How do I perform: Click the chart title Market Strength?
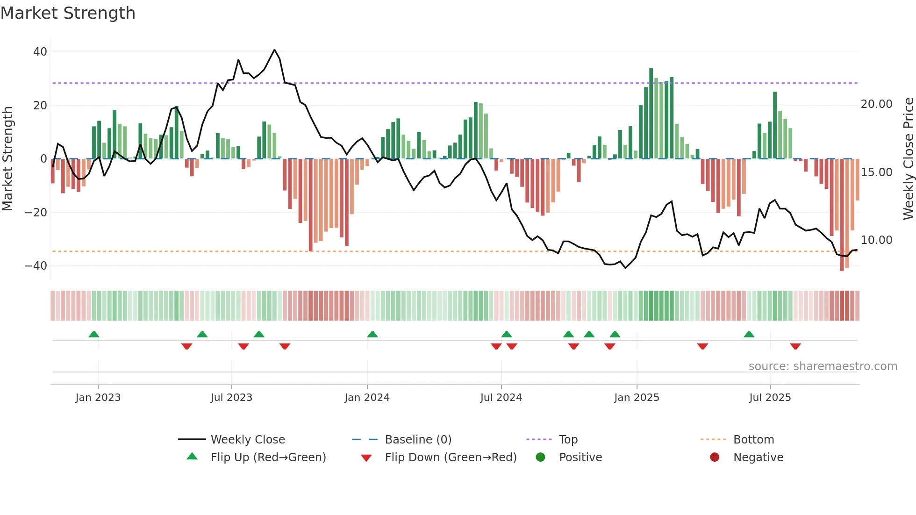(68, 13)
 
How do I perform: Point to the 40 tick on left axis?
(40, 52)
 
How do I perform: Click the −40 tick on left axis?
(36, 266)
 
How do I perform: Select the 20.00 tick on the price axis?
(876, 104)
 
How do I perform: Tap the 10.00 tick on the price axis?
(876, 240)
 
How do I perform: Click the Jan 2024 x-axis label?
(367, 398)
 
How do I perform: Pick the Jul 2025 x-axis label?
(770, 398)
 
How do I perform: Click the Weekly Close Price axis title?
(908, 159)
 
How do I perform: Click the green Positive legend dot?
(541, 458)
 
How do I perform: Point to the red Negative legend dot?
(715, 458)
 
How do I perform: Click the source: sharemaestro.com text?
(823, 366)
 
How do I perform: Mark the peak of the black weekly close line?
(274, 50)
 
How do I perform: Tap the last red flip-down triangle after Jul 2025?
(795, 346)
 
